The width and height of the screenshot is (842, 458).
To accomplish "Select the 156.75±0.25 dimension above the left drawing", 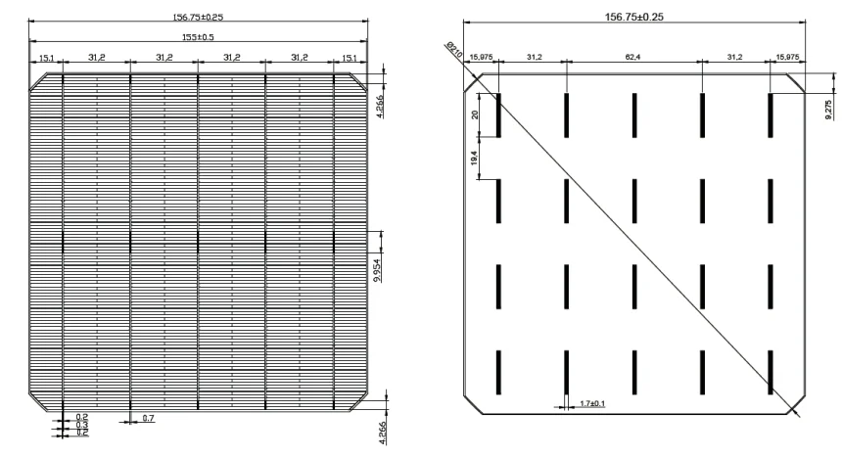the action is tap(199, 15).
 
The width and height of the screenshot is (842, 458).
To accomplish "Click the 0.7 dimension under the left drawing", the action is tap(149, 418).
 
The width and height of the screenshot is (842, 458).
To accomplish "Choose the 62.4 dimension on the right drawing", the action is tap(634, 57).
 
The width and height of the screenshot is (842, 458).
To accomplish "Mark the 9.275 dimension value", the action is tap(830, 107).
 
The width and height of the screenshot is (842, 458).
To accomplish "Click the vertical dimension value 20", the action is tap(475, 114).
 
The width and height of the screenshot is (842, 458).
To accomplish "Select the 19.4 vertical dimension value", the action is tap(475, 157).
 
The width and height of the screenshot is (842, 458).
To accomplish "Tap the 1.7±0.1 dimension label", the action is tap(592, 402).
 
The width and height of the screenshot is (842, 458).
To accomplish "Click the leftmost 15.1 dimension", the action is tap(46, 58).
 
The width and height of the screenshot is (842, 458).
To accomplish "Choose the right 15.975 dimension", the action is tap(787, 57).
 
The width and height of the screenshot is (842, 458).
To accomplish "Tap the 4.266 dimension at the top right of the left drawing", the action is tap(380, 104).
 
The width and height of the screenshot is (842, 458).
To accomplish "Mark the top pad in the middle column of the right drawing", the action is tap(634, 114).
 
